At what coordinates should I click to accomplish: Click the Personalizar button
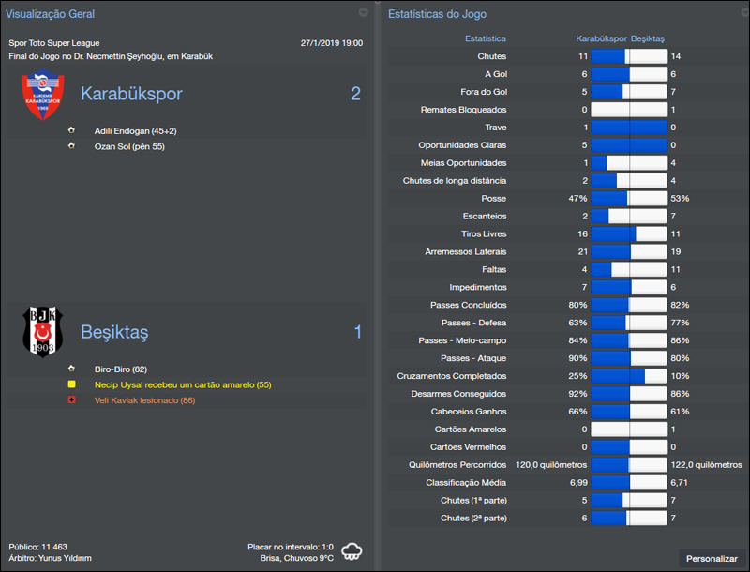pyautogui.click(x=712, y=558)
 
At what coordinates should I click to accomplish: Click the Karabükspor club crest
pyautogui.click(x=42, y=97)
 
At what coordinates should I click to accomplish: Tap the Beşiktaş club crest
pyautogui.click(x=42, y=331)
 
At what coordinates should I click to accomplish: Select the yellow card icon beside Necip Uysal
pyautogui.click(x=71, y=384)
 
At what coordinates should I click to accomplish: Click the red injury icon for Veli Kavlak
pyautogui.click(x=71, y=400)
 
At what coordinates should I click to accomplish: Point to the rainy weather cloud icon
pyautogui.click(x=353, y=550)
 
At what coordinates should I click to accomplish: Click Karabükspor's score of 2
pyautogui.click(x=355, y=94)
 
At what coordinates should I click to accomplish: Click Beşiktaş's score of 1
pyautogui.click(x=357, y=332)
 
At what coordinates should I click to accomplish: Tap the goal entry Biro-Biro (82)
pyautogui.click(x=121, y=369)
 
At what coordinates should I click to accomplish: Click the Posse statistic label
pyautogui.click(x=493, y=199)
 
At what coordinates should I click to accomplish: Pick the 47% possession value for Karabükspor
pyautogui.click(x=577, y=199)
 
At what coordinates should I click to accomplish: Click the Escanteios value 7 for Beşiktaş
pyautogui.click(x=673, y=216)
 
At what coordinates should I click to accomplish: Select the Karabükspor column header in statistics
pyautogui.click(x=601, y=39)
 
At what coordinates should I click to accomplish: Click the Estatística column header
pyautogui.click(x=486, y=39)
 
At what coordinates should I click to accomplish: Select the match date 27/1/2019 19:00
pyautogui.click(x=332, y=43)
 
